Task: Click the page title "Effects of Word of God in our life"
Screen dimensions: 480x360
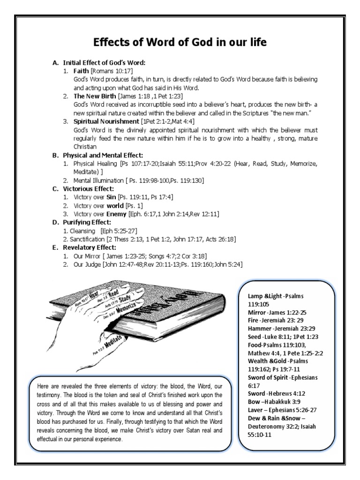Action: point(180,43)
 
